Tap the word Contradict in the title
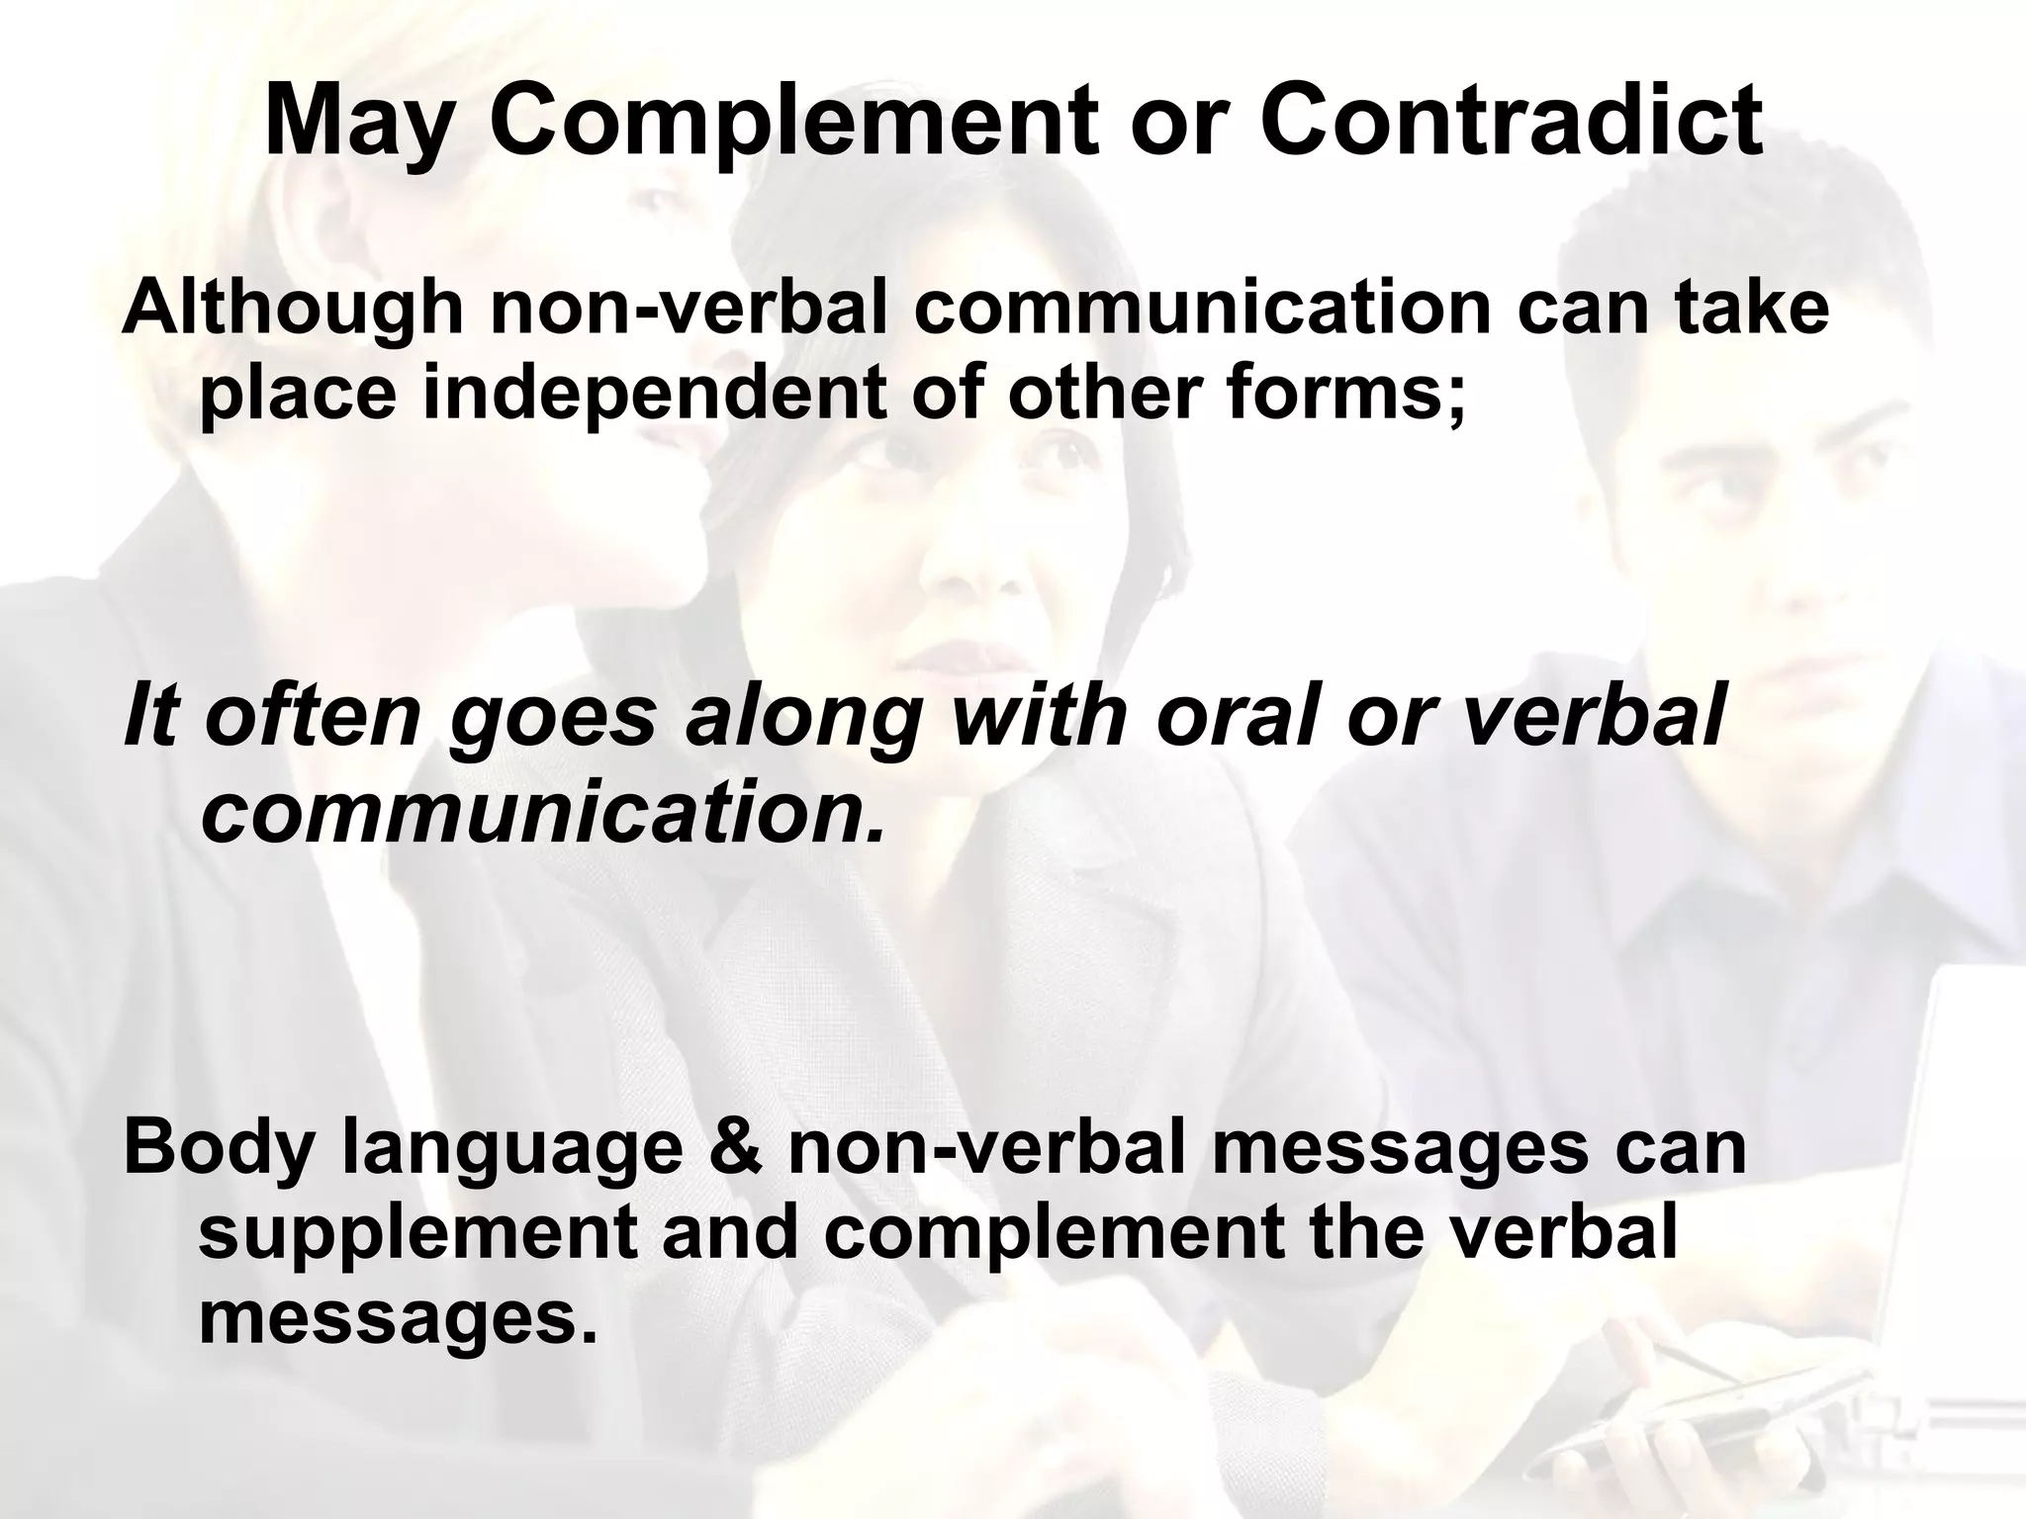click(x=1511, y=121)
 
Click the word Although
click(x=293, y=309)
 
